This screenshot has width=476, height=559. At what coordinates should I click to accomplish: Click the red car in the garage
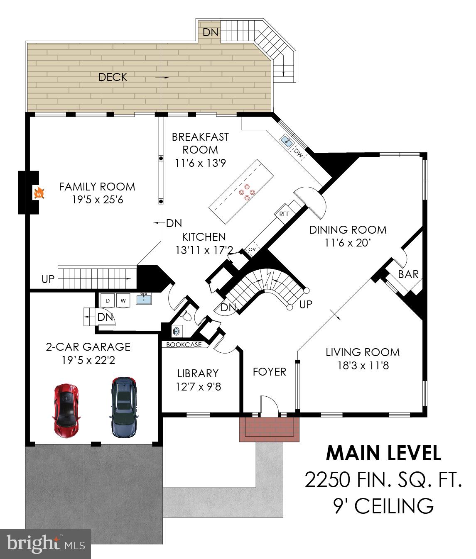coord(66,409)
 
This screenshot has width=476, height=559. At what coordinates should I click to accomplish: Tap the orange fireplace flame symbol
coord(39,193)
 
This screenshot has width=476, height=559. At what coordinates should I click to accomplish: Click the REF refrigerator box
coord(284,214)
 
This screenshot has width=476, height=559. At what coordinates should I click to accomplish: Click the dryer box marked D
coord(108,300)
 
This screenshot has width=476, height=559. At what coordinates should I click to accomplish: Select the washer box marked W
coord(123,300)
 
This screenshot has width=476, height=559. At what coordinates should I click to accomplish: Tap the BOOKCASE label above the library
coord(184,344)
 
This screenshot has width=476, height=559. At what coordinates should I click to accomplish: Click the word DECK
coord(113,77)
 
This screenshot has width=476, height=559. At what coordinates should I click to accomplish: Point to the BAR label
coord(408,274)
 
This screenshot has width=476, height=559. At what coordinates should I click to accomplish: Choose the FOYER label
coord(269,372)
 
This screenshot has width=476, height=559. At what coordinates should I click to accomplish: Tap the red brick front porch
coord(269,429)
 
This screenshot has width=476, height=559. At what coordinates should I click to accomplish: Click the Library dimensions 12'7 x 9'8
coord(198,387)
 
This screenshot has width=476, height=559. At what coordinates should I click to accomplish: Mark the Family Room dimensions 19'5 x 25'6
coord(97,200)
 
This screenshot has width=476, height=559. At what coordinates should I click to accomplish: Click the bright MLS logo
coord(46,544)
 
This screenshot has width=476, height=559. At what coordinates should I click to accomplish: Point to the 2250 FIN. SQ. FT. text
coord(383,480)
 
